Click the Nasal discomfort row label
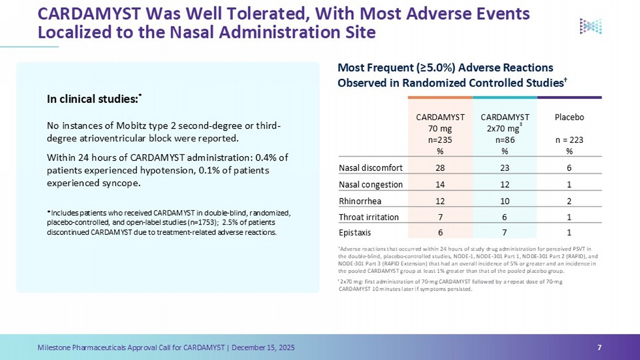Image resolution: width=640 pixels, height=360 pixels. pyautogui.click(x=371, y=168)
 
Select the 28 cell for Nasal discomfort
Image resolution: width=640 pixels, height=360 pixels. pyautogui.click(x=440, y=168)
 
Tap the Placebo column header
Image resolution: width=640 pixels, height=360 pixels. pyautogui.click(x=569, y=117)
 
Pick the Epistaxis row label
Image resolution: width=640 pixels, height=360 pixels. pyautogui.click(x=355, y=232)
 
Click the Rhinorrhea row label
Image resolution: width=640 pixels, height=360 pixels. pyautogui.click(x=360, y=201)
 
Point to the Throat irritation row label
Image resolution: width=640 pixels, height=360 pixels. pyautogui.click(x=369, y=217)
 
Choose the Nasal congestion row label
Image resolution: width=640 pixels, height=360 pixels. pyautogui.click(x=371, y=185)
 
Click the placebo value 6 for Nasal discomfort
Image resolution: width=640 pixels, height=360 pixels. pyautogui.click(x=569, y=168)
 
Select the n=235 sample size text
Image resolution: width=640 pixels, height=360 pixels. pyautogui.click(x=440, y=140)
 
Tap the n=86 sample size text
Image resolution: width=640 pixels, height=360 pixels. pyautogui.click(x=505, y=140)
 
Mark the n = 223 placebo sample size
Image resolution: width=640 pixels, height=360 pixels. pyautogui.click(x=569, y=140)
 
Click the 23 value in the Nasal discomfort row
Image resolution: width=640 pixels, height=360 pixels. pyautogui.click(x=505, y=168)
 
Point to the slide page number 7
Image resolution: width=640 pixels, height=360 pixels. pyautogui.click(x=599, y=348)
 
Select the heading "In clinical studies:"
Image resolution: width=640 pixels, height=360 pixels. pyautogui.click(x=93, y=99)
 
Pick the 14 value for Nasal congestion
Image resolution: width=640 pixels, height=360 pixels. pyautogui.click(x=440, y=185)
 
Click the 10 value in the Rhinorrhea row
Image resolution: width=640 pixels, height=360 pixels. pyautogui.click(x=505, y=201)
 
